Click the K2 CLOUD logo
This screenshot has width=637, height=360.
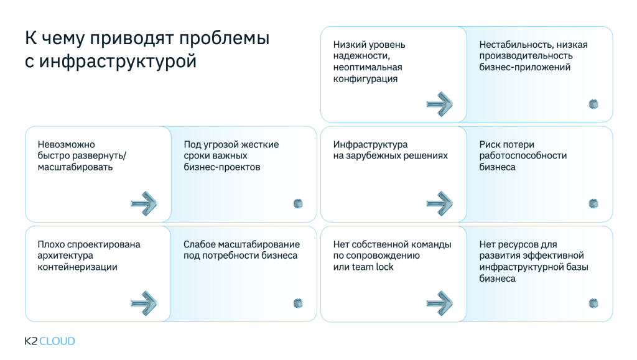point(49,341)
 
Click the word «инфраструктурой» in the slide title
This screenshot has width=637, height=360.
point(118,62)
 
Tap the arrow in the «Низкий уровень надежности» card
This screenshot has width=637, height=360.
point(440,103)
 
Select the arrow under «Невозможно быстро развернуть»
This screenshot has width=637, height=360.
point(144,203)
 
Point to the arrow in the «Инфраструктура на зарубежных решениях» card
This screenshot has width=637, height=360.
point(440,203)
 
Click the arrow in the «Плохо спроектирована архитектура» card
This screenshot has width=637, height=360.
point(144,303)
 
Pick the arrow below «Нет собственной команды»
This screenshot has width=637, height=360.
point(440,303)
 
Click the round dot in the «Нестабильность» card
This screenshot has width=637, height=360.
point(593,104)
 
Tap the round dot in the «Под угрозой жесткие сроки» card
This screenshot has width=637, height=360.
point(298,203)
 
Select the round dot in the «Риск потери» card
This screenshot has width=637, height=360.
point(593,203)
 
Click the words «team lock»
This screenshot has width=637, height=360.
point(373,267)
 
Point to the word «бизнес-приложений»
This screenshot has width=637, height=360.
point(524,67)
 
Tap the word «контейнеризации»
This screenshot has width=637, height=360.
point(77,267)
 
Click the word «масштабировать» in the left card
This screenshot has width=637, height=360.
point(75,167)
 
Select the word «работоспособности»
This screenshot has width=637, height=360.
point(523,156)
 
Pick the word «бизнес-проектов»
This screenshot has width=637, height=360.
point(222,167)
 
